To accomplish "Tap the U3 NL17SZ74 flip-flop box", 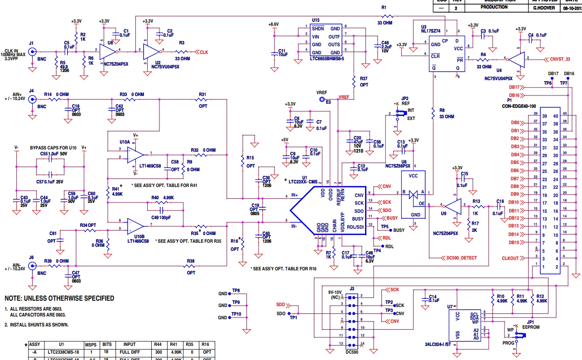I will pos(447,53).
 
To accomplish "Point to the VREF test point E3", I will pos(322,99).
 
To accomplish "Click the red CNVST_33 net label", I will pos(560,58).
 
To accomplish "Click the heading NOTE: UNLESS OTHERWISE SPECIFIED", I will pos(59,298).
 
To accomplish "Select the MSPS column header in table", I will pos(91,345).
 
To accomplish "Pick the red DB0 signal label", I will pos(514,123).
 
